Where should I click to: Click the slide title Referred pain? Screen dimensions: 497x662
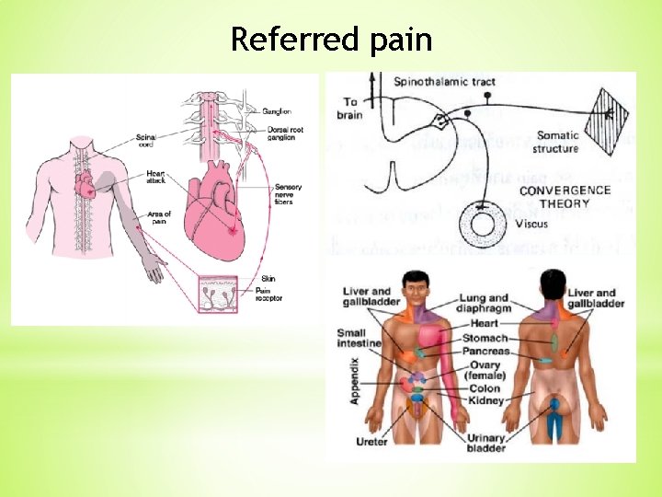[331, 40]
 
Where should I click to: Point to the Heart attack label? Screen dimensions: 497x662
[155, 178]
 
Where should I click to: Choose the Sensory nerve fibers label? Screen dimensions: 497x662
[287, 195]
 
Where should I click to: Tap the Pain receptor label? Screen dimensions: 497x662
[268, 294]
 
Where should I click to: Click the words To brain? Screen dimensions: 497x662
[351, 109]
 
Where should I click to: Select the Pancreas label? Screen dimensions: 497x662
[487, 352]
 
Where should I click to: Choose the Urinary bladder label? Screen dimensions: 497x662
[486, 444]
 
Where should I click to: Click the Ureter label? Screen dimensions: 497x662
[371, 442]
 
